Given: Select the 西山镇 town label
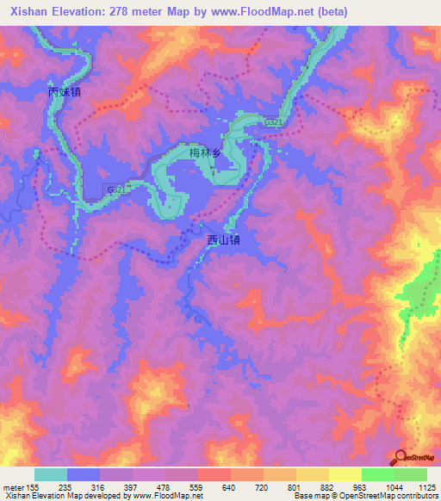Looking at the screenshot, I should [x=223, y=241].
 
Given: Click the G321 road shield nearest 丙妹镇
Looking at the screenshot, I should [x=115, y=189].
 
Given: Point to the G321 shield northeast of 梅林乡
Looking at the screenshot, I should [x=273, y=123].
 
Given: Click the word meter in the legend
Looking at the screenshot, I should [x=13, y=487].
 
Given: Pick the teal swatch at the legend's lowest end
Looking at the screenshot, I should [x=51, y=474].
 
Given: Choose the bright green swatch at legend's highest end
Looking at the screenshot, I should [x=410, y=474].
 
